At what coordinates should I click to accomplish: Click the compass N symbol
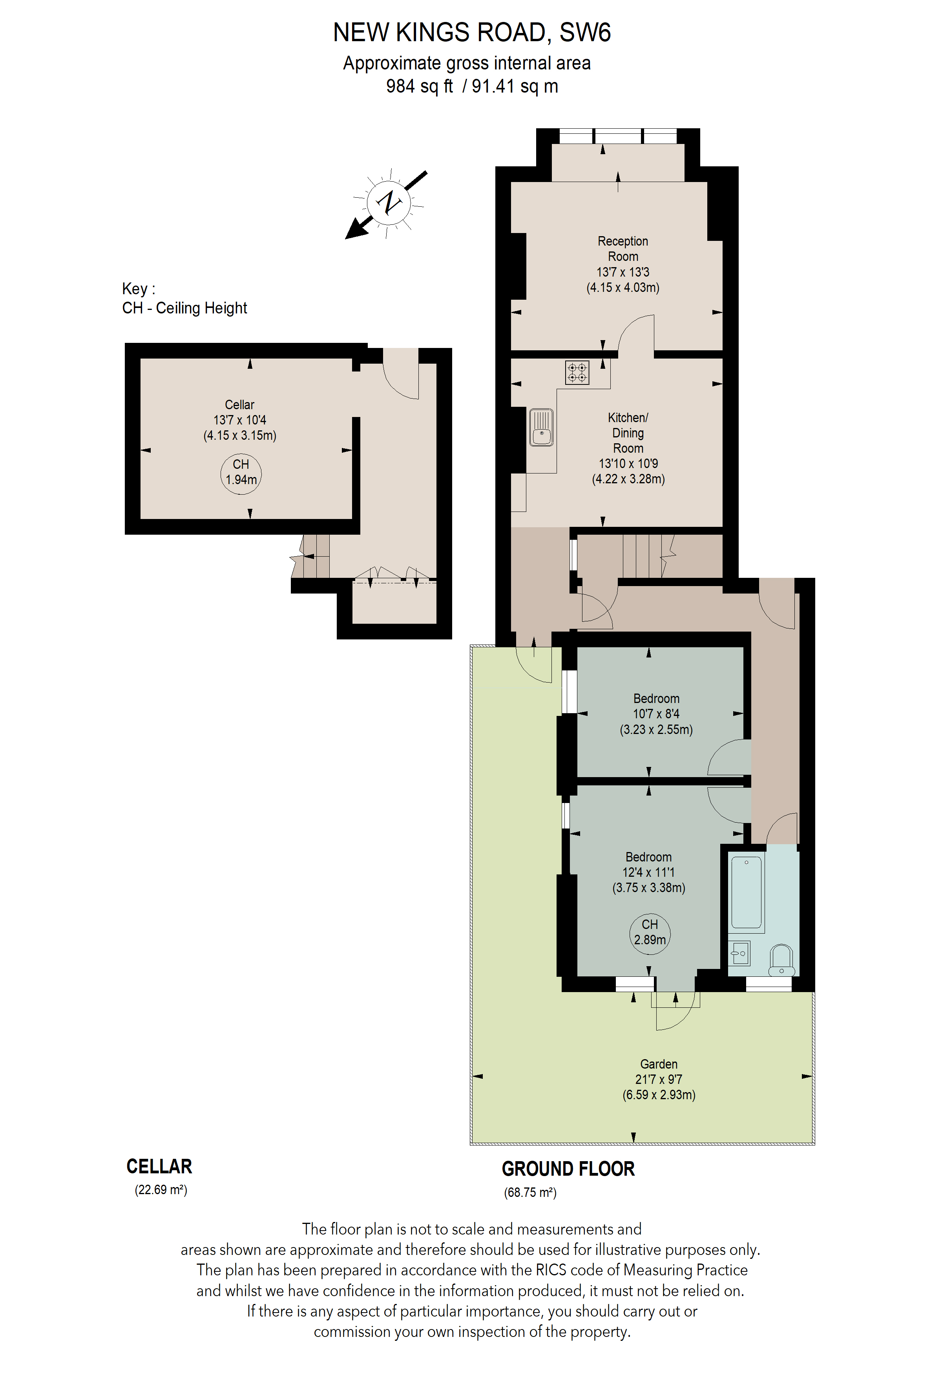(389, 203)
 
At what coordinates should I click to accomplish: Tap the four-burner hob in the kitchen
(577, 372)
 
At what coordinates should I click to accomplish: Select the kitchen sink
(541, 427)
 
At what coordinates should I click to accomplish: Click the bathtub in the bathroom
(747, 892)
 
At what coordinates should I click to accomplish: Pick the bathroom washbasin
(740, 953)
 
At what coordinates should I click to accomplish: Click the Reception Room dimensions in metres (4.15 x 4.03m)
(623, 288)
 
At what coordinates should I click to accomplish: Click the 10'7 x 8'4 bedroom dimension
(657, 714)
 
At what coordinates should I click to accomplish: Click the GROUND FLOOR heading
(568, 1169)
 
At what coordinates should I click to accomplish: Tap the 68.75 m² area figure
(530, 1192)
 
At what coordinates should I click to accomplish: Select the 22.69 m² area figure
(161, 1190)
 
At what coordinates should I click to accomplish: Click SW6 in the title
(585, 33)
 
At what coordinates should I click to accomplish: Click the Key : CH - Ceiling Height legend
(184, 299)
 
